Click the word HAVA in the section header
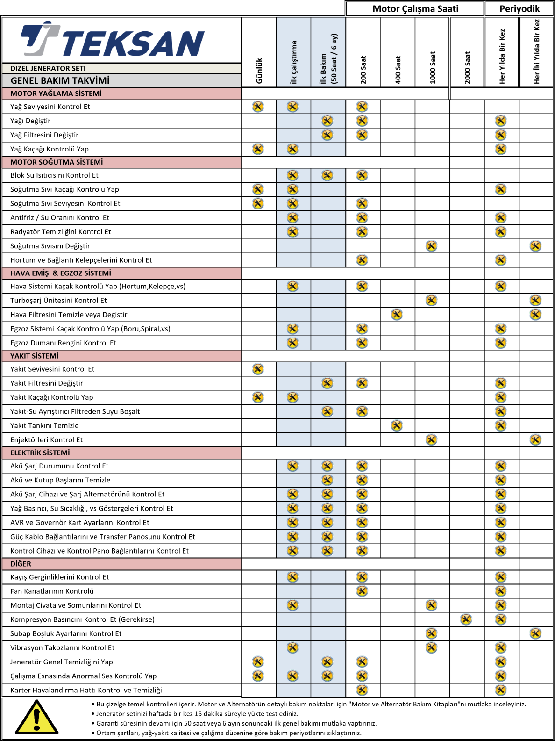(x=20, y=273)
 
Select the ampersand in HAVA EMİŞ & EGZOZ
(x=55, y=273)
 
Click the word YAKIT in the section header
(x=21, y=356)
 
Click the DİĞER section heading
(x=21, y=564)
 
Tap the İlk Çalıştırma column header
(x=294, y=62)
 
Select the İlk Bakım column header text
(x=323, y=68)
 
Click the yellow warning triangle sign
(x=36, y=717)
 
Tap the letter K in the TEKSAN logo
(x=112, y=43)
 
